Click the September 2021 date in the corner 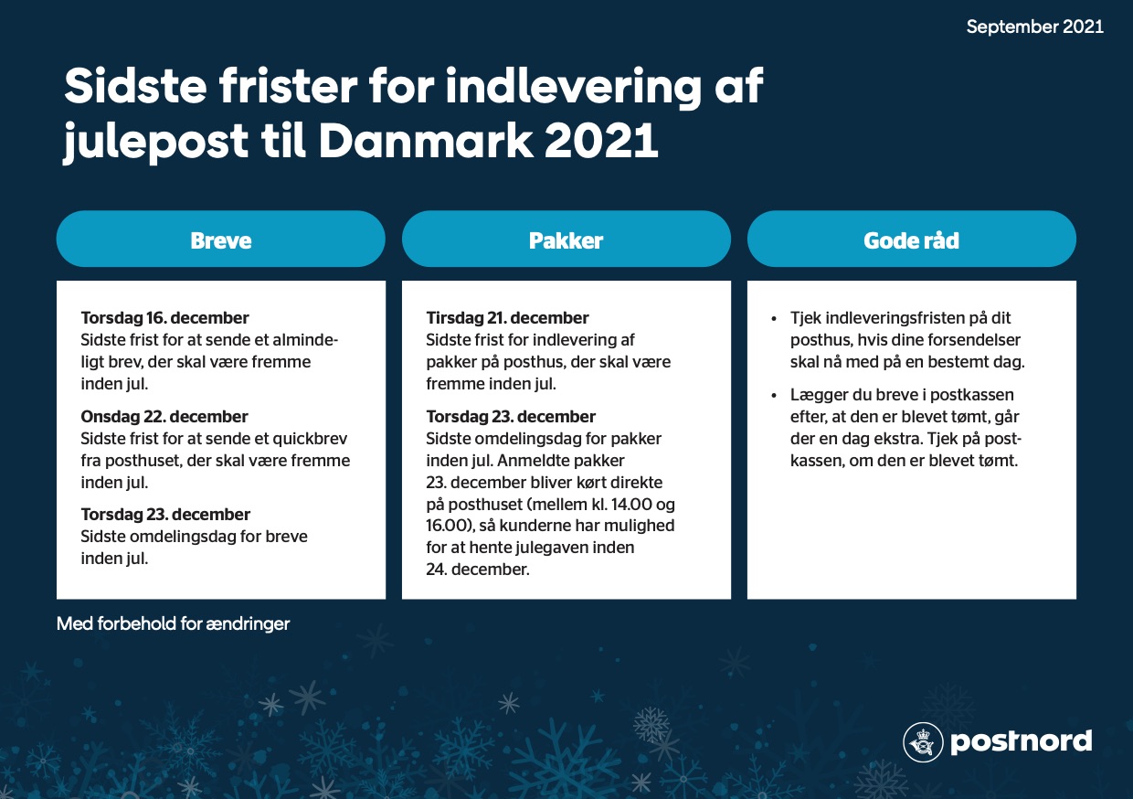[1035, 27]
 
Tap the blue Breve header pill [220, 239]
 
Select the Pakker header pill [566, 239]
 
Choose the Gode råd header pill [912, 239]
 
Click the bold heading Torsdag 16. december [164, 318]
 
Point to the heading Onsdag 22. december [164, 417]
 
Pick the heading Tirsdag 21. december [507, 318]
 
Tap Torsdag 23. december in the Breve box [165, 515]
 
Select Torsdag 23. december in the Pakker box [511, 417]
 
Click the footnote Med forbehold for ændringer [173, 623]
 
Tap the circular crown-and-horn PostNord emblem [923, 741]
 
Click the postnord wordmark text [1021, 742]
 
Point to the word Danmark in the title [426, 140]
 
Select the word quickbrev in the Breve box [310, 439]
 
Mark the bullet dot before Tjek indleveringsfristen [774, 319]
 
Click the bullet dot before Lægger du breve [774, 396]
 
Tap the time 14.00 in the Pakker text [631, 505]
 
